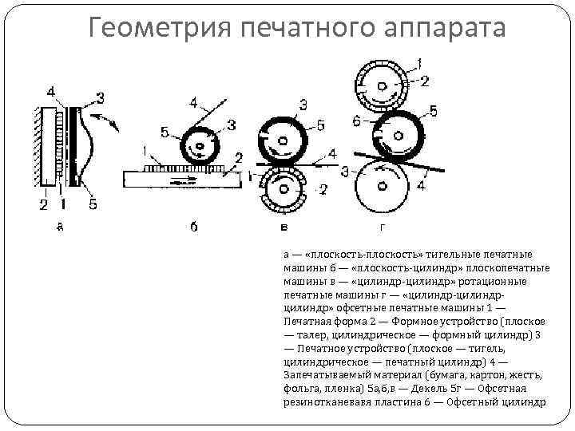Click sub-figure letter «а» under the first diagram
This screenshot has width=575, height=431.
pyautogui.click(x=59, y=227)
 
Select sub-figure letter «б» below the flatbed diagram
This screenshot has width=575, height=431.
pyautogui.click(x=194, y=227)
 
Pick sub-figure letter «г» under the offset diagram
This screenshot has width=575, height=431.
pyautogui.click(x=382, y=227)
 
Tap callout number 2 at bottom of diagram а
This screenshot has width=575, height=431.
pyautogui.click(x=43, y=205)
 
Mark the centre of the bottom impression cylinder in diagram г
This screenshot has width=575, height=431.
pyautogui.click(x=383, y=185)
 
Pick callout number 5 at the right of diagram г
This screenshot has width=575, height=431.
pyautogui.click(x=432, y=110)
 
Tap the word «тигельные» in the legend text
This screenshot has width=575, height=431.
pyautogui.click(x=431, y=255)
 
